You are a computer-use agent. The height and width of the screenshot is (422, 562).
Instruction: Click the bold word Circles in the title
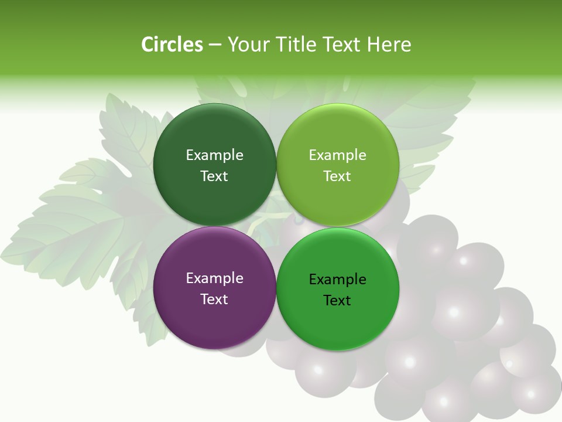click(172, 45)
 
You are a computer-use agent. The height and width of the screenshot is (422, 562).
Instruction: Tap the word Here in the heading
click(389, 45)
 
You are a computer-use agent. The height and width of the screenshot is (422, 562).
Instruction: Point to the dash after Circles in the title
click(215, 45)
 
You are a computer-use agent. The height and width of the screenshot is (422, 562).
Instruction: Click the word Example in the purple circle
click(214, 278)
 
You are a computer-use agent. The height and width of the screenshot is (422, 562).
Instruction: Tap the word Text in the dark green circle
click(214, 176)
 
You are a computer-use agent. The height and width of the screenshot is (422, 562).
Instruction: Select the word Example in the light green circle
click(338, 155)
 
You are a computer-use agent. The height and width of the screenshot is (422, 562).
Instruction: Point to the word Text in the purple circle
click(214, 300)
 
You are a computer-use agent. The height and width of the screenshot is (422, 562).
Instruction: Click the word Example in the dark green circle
click(214, 155)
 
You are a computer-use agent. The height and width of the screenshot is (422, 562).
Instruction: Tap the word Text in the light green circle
click(337, 176)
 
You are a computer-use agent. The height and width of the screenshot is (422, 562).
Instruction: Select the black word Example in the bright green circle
click(338, 280)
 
